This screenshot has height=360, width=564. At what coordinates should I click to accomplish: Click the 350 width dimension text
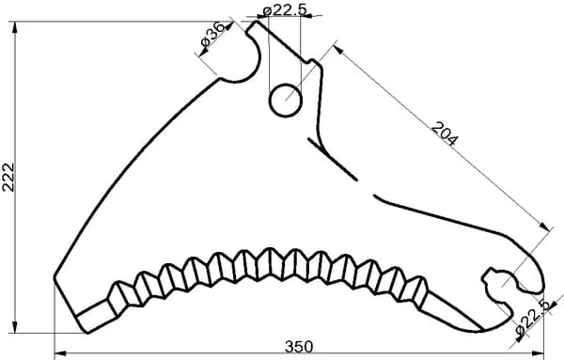[x=299, y=347]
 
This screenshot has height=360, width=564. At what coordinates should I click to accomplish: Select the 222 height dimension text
[x=8, y=178]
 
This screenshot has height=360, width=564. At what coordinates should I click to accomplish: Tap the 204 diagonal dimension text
[x=445, y=133]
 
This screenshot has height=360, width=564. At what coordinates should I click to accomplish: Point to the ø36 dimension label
[x=213, y=34]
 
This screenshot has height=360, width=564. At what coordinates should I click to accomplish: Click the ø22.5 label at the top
[x=285, y=9]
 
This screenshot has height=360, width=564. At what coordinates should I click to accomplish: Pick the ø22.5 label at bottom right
[x=533, y=318]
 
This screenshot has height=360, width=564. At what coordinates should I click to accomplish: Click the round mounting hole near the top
[x=286, y=101]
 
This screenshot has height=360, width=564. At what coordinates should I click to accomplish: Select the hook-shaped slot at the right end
[x=504, y=288]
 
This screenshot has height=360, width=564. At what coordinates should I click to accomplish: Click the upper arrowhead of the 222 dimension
[x=15, y=27]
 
